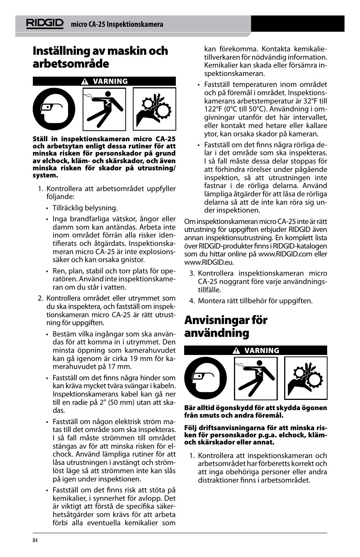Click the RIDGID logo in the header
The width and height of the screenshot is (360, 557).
pyautogui.click(x=45, y=23)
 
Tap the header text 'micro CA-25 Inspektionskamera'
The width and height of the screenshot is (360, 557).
pyautogui.click(x=117, y=25)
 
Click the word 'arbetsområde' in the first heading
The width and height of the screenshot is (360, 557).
pyautogui.click(x=71, y=64)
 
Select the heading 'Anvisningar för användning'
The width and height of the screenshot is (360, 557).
pyautogui.click(x=226, y=326)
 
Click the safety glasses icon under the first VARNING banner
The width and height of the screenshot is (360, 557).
pyautogui.click(x=54, y=109)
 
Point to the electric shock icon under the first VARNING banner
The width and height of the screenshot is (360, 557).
pyautogui.click(x=104, y=109)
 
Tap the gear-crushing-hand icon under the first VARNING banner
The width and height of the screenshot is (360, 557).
pyautogui.click(x=155, y=109)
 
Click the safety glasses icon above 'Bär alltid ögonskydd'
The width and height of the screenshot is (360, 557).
pyautogui.click(x=205, y=378)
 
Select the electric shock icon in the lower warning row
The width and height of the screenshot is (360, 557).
pyautogui.click(x=256, y=378)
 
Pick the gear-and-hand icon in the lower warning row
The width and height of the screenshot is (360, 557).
pyautogui.click(x=306, y=378)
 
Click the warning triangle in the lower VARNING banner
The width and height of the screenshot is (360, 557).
pyautogui.click(x=236, y=351)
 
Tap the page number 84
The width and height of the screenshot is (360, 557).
pyautogui.click(x=35, y=540)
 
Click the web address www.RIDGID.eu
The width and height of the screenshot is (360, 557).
pyautogui.click(x=209, y=262)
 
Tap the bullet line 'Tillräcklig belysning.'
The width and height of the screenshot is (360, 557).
pyautogui.click(x=85, y=208)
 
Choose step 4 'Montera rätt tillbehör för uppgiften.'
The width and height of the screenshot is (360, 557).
pyautogui.click(x=255, y=301)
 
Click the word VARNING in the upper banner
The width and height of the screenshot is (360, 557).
pyautogui.click(x=110, y=81)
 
